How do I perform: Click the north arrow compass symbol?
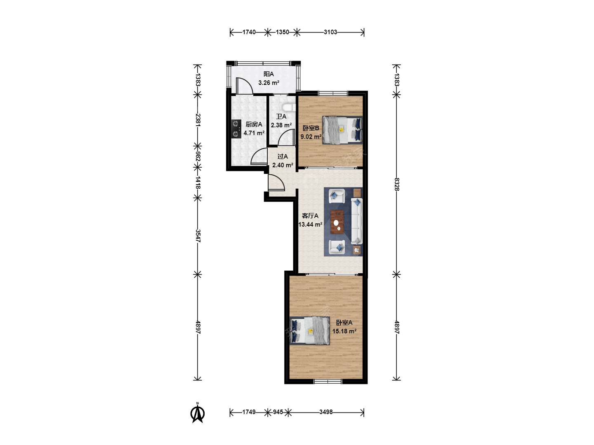click(198, 413)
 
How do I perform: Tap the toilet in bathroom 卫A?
click(289, 108)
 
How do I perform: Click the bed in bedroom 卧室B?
click(342, 130)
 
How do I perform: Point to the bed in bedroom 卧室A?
click(310, 331)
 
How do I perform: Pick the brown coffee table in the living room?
click(337, 222)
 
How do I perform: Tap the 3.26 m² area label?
click(269, 83)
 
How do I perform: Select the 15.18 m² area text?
click(344, 331)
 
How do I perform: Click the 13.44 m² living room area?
click(310, 224)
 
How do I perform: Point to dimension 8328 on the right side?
click(396, 184)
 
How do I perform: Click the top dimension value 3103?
click(330, 32)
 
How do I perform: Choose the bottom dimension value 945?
click(278, 412)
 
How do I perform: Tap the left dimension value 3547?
click(198, 236)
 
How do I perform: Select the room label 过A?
click(283, 157)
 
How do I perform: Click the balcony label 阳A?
click(269, 74)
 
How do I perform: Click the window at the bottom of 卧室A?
click(328, 382)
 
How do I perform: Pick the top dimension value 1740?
click(249, 32)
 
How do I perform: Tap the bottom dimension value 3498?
click(326, 412)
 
